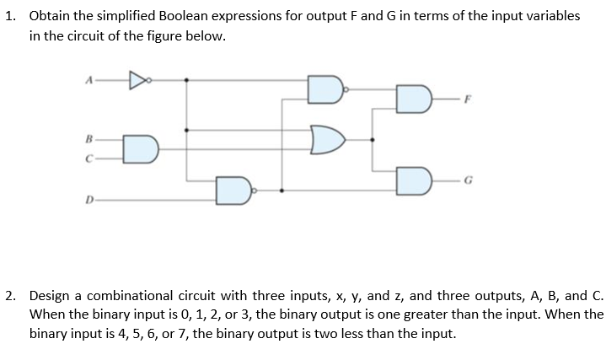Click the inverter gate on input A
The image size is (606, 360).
click(137, 80)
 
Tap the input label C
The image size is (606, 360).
click(87, 157)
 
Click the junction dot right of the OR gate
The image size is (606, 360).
click(373, 140)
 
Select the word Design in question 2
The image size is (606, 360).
click(51, 296)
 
